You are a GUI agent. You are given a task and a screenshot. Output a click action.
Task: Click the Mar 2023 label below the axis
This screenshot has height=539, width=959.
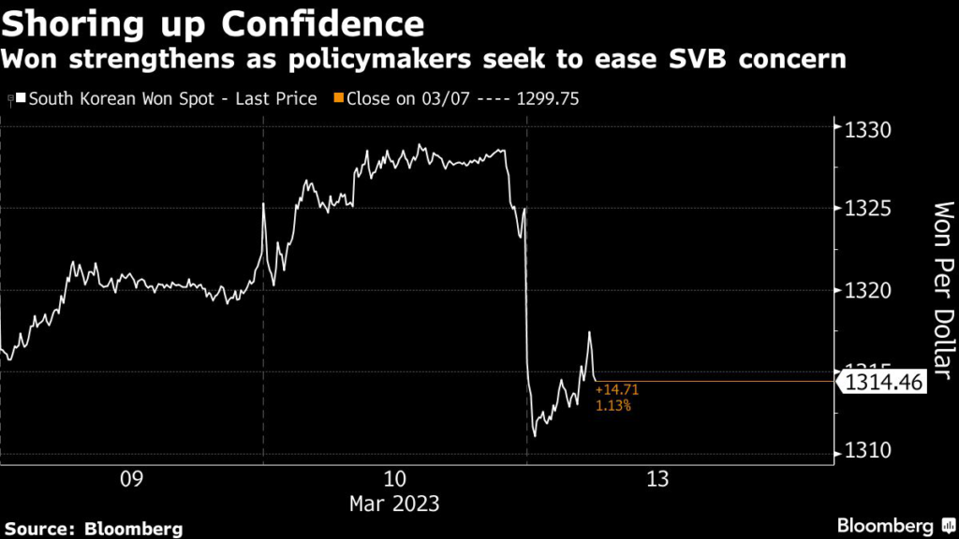(394, 503)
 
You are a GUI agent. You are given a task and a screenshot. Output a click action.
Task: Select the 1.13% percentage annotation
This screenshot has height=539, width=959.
(613, 406)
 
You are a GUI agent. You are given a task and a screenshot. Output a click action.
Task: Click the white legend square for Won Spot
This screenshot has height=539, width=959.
(21, 98)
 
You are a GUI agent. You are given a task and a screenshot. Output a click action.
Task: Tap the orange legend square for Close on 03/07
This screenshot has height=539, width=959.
(339, 98)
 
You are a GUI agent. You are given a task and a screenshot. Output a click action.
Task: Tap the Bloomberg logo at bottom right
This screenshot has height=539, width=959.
(885, 525)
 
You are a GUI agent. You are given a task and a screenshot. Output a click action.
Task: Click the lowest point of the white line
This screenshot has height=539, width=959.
(535, 435)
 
